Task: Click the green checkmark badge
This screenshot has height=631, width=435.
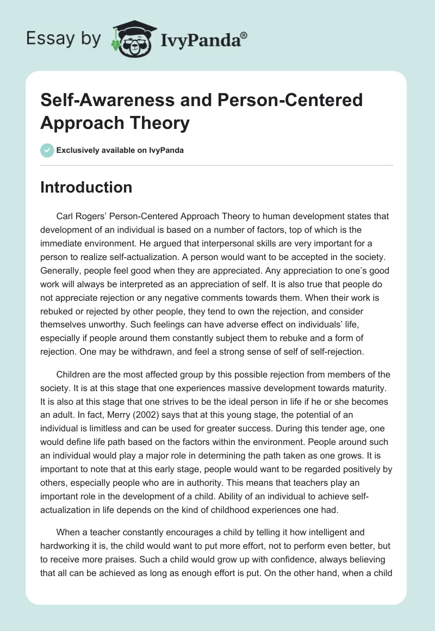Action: coord(47,150)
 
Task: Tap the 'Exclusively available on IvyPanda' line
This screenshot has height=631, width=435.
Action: coord(120,150)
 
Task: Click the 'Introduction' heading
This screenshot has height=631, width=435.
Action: coord(86,187)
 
